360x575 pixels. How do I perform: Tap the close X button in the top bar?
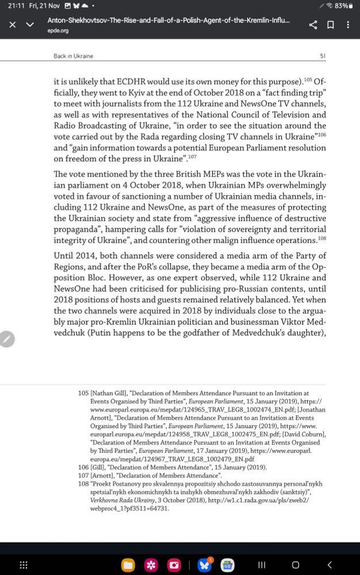tap(13, 25)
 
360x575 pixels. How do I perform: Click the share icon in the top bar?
tap(313, 25)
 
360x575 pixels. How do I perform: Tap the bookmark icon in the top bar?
tap(331, 25)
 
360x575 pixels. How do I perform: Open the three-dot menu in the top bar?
tap(348, 25)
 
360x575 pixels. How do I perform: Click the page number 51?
tap(323, 56)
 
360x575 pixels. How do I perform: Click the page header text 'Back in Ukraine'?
tap(73, 56)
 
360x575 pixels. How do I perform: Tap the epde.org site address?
tap(58, 30)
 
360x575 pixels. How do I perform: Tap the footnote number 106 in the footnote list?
tap(83, 467)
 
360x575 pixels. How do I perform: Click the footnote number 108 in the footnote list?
tap(83, 484)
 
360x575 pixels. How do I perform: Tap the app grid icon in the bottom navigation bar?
tap(24, 565)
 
